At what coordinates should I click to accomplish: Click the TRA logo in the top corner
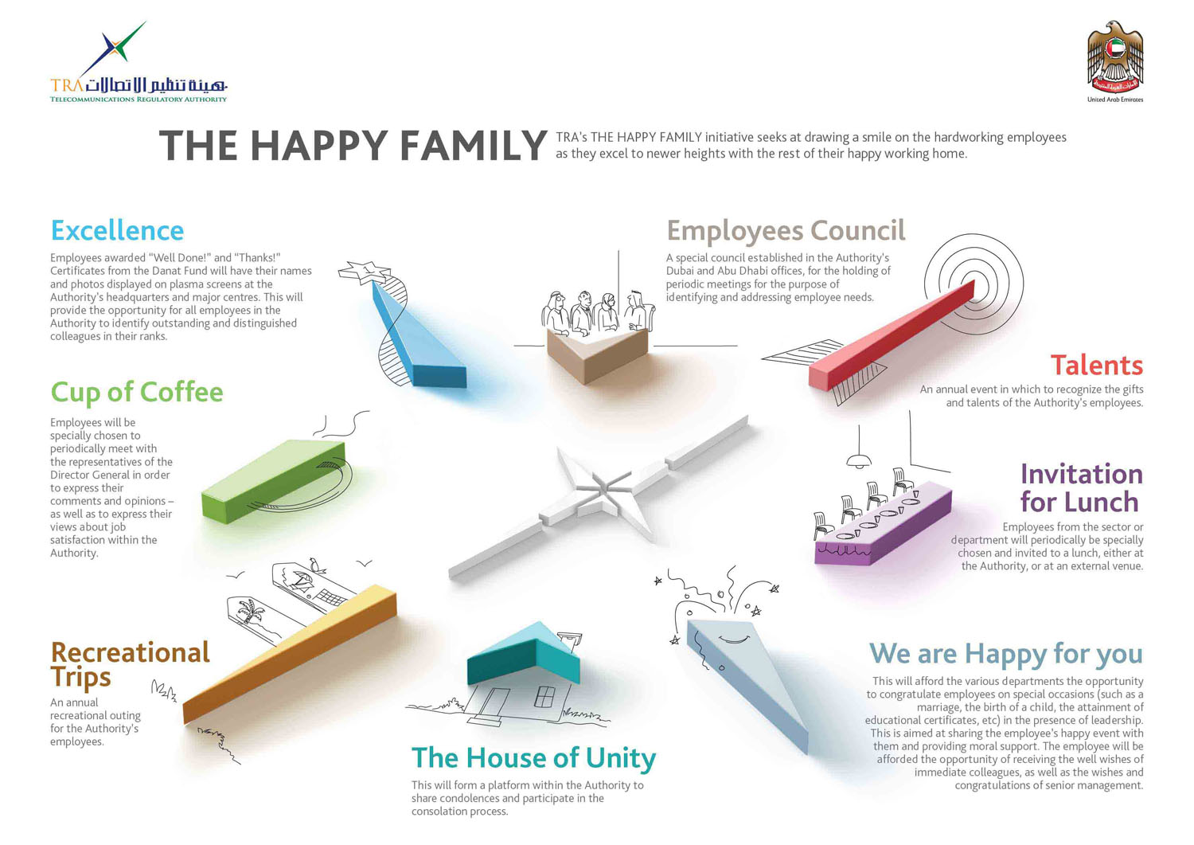pyautogui.click(x=139, y=62)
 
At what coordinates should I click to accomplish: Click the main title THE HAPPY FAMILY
pyautogui.click(x=353, y=145)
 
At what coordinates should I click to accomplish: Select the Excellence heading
pyautogui.click(x=117, y=230)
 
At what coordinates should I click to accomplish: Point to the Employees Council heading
pyautogui.click(x=786, y=231)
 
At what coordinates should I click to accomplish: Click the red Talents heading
pyautogui.click(x=1096, y=366)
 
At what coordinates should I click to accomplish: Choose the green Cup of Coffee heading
pyautogui.click(x=137, y=393)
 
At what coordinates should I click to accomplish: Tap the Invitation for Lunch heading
pyautogui.click(x=1082, y=487)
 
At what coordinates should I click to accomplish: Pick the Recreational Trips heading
pyautogui.click(x=131, y=664)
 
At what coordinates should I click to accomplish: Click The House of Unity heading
pyautogui.click(x=533, y=758)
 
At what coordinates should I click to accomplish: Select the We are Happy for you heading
pyautogui.click(x=1006, y=654)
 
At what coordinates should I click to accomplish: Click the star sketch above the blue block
pyautogui.click(x=364, y=272)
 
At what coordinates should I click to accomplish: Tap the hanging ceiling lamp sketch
pyautogui.click(x=859, y=460)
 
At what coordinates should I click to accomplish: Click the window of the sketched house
pyautogui.click(x=544, y=696)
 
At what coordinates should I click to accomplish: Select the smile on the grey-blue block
pyautogui.click(x=734, y=639)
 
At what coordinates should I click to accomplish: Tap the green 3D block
pyautogui.click(x=274, y=481)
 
